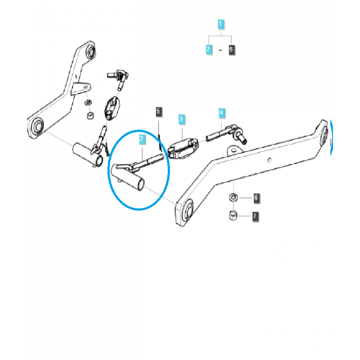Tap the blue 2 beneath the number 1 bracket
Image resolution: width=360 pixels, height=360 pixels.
tap(209, 49)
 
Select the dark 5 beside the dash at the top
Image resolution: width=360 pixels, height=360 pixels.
tap(232, 49)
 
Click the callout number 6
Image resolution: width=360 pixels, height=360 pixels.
tap(256, 198)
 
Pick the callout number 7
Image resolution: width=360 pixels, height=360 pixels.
tap(256, 216)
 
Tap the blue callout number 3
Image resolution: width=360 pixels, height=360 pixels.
tap(181, 119)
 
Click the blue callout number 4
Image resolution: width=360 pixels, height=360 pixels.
tap(221, 112)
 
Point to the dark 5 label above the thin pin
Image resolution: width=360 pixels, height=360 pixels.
tap(158, 111)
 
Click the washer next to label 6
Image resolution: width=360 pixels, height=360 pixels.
tap(233, 197)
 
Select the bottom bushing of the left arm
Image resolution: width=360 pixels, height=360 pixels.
tap(36, 126)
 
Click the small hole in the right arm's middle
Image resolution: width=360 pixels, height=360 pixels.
tap(269, 160)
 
